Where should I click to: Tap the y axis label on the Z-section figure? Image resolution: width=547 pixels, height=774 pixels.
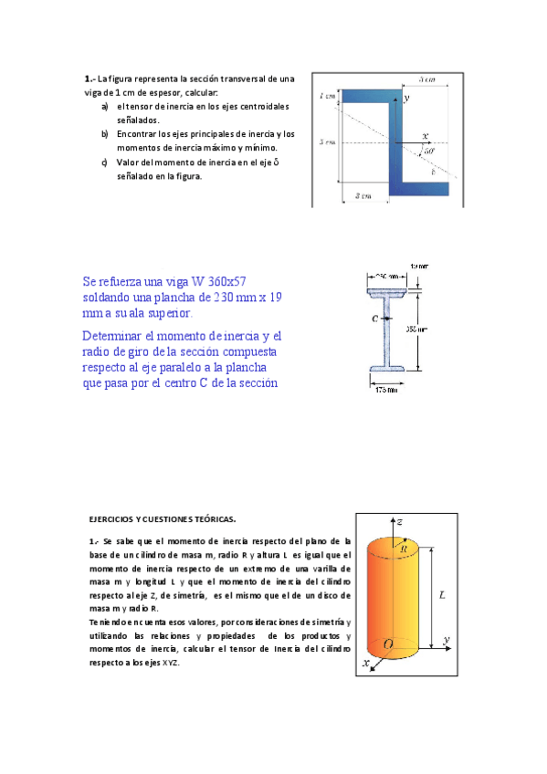click(406, 96)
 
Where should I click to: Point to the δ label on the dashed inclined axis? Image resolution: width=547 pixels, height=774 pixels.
click(433, 171)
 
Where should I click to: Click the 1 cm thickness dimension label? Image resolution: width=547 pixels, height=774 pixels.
click(327, 96)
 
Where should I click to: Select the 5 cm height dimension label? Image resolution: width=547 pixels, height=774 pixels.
click(327, 142)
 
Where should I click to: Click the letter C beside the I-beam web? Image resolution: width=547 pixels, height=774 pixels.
click(375, 319)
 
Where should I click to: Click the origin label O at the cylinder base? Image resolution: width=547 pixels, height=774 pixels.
click(389, 644)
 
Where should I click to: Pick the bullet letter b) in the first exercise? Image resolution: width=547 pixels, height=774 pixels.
click(105, 133)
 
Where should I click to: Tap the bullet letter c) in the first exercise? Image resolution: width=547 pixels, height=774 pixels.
click(105, 162)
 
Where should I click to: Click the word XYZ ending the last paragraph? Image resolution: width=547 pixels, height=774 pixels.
click(170, 663)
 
